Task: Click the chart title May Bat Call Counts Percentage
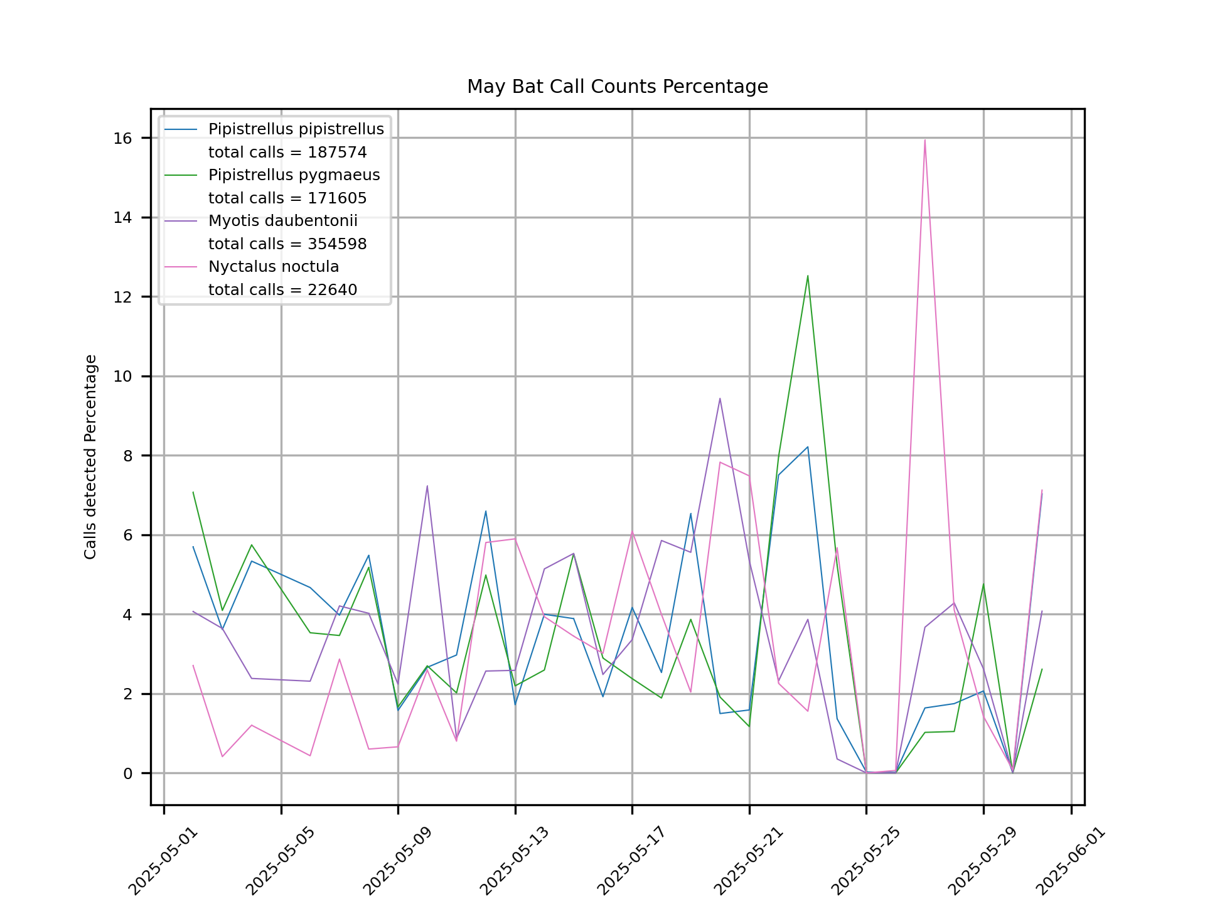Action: pos(617,87)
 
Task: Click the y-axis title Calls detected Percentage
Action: pos(91,456)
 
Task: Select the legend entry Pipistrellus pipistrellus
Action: pos(296,129)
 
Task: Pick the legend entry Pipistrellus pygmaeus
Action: pos(294,175)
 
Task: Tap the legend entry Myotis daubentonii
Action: pos(282,221)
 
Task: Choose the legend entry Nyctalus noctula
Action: pos(273,267)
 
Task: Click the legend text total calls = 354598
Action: pos(287,244)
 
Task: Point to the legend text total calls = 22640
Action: pos(282,290)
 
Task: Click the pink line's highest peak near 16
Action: pos(924,140)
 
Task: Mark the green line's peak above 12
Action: pos(808,276)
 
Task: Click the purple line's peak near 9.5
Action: pos(720,398)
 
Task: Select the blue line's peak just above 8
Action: pos(808,447)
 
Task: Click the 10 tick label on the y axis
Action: pos(124,377)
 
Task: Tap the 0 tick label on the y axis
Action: pos(128,773)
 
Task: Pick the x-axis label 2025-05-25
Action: pos(865,861)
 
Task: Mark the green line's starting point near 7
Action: pos(193,492)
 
